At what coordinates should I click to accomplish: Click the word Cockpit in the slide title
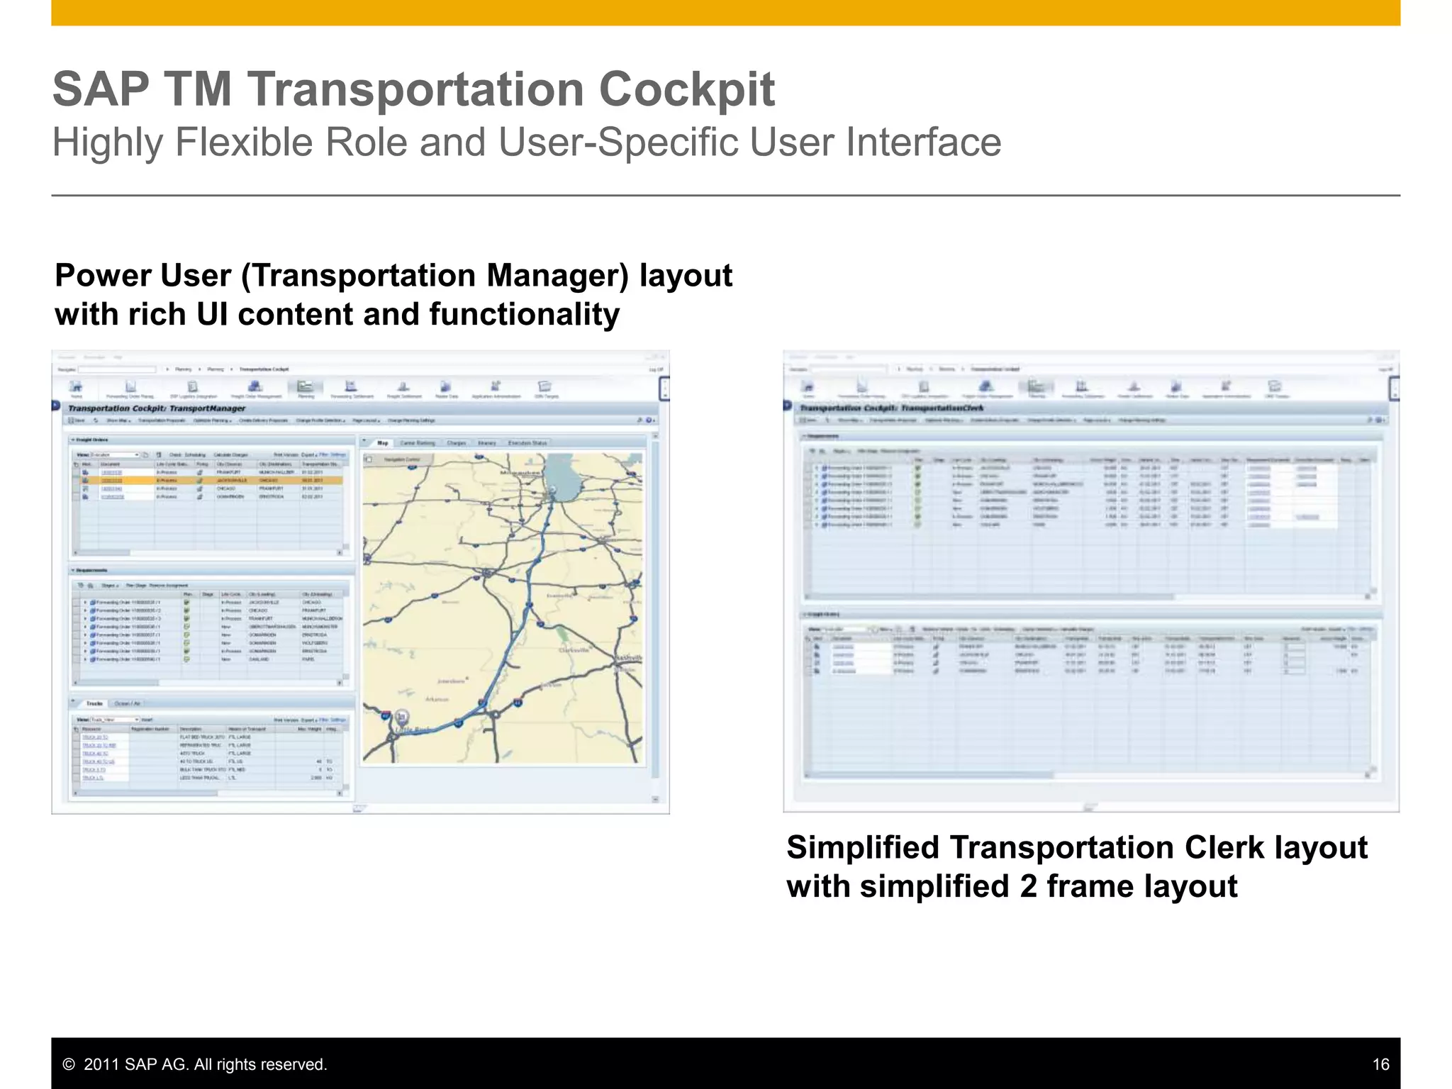686,89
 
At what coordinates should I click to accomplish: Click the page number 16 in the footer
1380,1064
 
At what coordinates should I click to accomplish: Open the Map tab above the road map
383,443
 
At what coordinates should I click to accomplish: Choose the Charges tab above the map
457,443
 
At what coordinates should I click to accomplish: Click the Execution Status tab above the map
527,443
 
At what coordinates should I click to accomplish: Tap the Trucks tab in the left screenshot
94,703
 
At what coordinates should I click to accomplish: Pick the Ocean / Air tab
128,703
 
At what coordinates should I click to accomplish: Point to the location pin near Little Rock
401,716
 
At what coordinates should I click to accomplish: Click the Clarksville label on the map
574,649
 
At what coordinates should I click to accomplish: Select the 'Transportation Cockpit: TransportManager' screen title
157,408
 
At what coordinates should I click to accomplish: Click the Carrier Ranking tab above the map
418,443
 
